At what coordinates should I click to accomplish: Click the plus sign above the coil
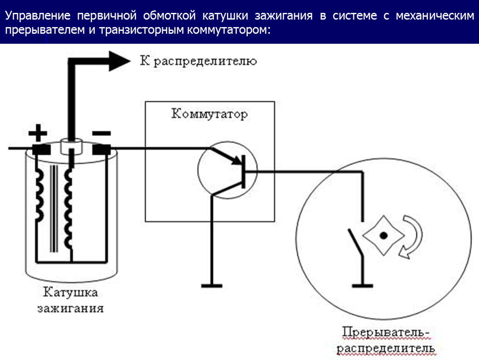[x=37, y=134]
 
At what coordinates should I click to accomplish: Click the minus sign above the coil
[x=101, y=133]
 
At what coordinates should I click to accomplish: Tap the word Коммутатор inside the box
[x=209, y=114]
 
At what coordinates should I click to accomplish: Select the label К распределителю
[x=198, y=62]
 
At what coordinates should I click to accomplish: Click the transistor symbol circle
[x=227, y=170]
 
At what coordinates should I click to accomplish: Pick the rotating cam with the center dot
[x=384, y=235]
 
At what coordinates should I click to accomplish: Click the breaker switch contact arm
[x=355, y=244]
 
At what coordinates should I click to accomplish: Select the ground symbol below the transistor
[x=212, y=285]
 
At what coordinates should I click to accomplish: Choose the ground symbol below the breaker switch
[x=362, y=285]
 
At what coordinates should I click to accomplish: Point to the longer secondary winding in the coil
[x=68, y=208]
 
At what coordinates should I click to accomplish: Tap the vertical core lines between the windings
[x=53, y=208]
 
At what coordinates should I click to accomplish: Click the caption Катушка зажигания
[x=70, y=300]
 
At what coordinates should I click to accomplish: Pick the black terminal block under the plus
[x=40, y=148]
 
